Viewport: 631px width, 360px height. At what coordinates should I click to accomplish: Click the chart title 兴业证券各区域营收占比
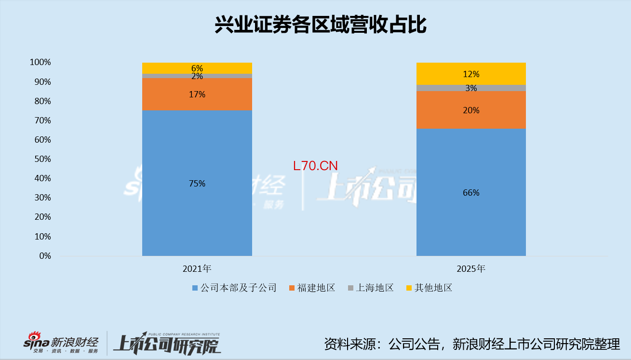point(320,26)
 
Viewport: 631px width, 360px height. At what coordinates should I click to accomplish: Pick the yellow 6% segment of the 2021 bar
point(197,68)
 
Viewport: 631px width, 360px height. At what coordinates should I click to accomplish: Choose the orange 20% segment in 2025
point(470,110)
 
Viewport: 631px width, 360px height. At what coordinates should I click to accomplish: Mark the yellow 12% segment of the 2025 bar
point(470,74)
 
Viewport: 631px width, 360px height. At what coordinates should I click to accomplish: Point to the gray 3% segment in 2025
point(470,88)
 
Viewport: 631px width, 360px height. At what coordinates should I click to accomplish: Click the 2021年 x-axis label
point(197,269)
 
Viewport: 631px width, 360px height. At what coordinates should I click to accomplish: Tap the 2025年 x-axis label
point(470,269)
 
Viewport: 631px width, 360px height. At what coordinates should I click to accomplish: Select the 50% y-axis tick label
point(42,159)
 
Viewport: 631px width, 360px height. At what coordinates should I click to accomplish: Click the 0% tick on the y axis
point(45,256)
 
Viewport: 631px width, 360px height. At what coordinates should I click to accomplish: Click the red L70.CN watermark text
point(315,166)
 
